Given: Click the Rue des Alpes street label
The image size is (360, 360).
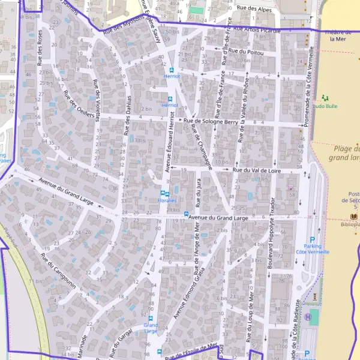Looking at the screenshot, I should (255, 8).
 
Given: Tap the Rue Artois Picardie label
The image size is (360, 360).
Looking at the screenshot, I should (257, 29).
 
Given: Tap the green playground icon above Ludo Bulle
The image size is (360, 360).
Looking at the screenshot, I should (325, 97).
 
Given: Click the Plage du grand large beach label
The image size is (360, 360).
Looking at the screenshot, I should (344, 154).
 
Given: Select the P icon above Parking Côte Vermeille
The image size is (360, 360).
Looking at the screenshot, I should (312, 239).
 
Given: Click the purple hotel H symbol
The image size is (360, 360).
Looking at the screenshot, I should (308, 316).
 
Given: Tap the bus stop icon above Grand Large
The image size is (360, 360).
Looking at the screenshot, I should (151, 319).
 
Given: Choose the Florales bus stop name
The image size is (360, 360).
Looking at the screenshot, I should (167, 200).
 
